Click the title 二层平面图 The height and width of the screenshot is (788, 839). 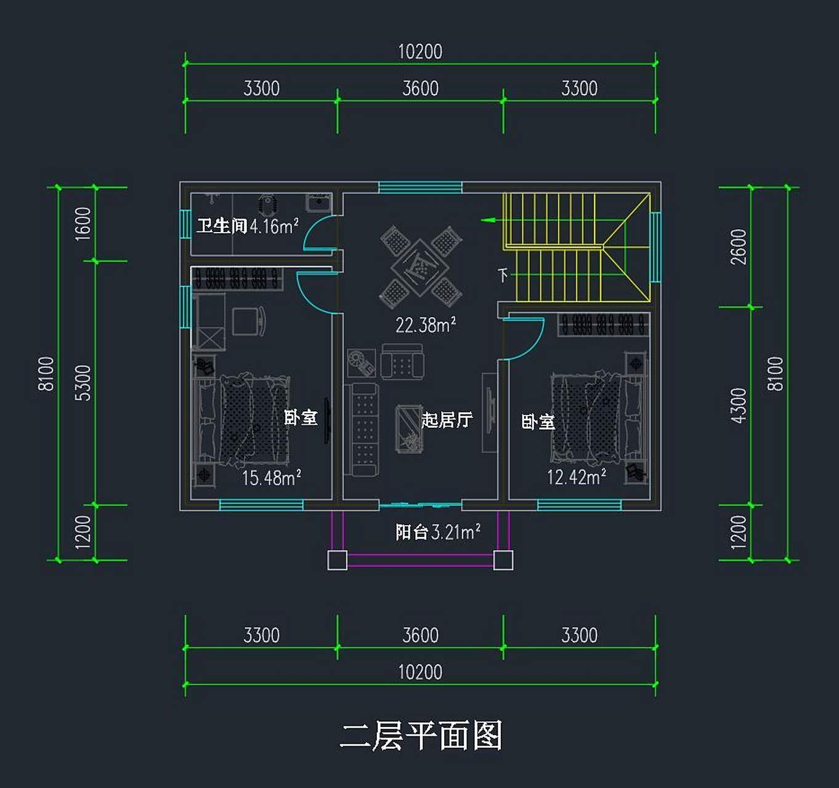421,736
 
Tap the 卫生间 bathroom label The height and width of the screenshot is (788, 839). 222,226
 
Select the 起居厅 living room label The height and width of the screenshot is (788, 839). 447,420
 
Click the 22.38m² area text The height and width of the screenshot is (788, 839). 425,324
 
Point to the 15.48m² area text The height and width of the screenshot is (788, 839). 271,477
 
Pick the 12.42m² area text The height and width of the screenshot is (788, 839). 577,476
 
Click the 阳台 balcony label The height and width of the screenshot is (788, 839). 411,532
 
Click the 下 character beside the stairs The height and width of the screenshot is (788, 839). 503,275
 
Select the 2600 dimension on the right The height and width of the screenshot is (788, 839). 738,247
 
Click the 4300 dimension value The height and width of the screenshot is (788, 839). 738,405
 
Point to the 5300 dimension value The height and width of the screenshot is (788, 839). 83,382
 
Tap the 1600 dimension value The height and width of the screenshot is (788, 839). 83,223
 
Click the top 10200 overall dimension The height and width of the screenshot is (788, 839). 420,52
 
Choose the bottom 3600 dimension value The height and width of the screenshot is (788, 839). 420,635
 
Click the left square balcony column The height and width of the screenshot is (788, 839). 337,560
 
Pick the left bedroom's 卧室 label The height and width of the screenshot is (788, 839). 301,417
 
